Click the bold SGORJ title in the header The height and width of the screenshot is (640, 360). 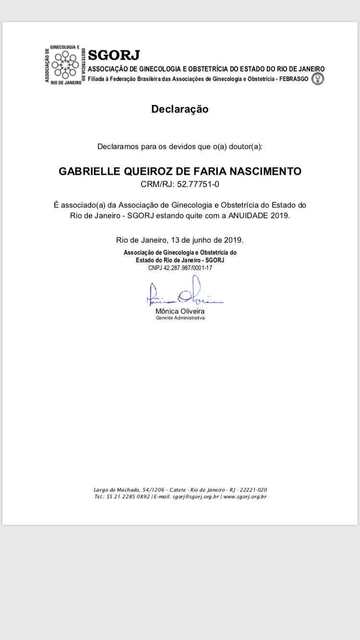(114, 55)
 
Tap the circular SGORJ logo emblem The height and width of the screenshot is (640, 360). (65, 65)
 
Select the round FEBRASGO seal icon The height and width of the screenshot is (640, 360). (317, 79)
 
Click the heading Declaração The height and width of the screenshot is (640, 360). (180, 109)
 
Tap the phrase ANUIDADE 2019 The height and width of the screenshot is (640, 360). (259, 215)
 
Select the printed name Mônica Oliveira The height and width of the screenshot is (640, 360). (180, 311)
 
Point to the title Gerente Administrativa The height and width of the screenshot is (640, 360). (180, 318)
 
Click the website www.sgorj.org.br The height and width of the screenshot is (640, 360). (245, 497)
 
